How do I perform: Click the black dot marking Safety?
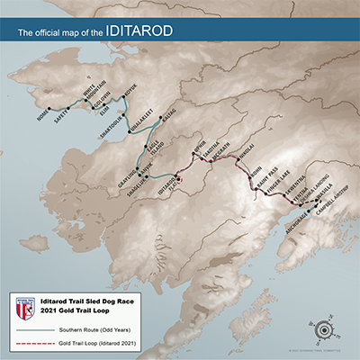68,107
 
